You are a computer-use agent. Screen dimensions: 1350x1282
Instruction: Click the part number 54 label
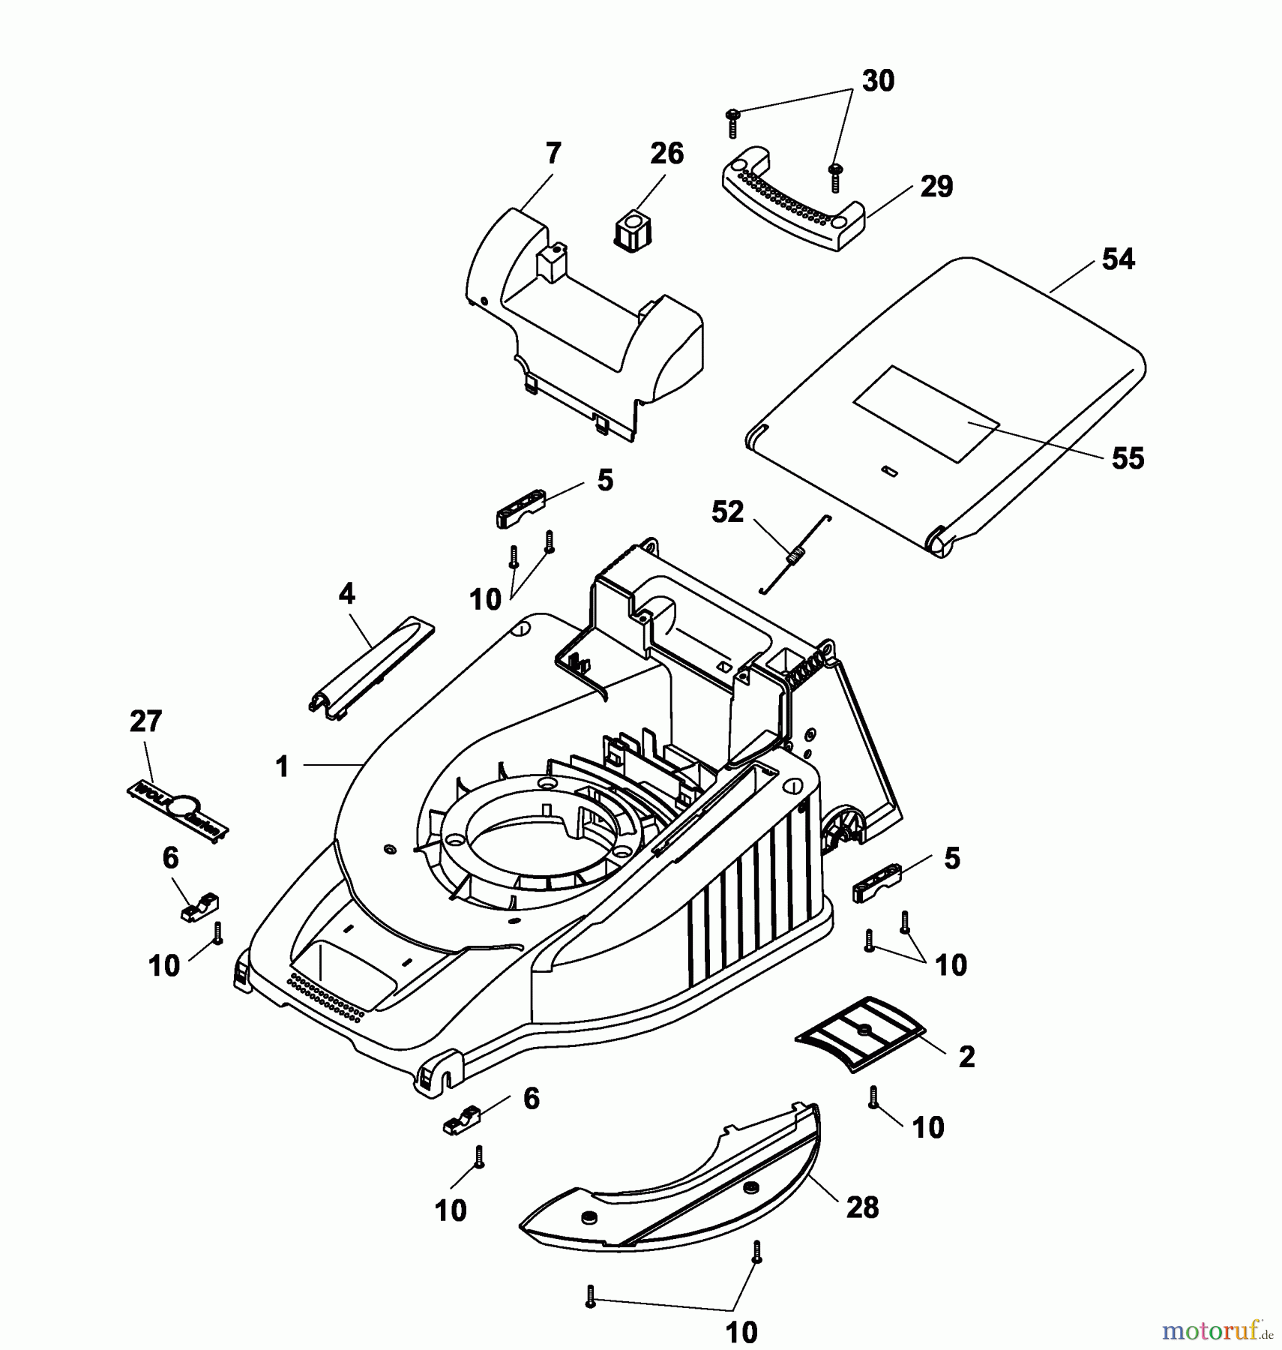(x=1118, y=259)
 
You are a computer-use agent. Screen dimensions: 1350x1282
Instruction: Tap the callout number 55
(x=1128, y=458)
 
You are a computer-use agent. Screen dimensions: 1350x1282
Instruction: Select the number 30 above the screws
(x=878, y=81)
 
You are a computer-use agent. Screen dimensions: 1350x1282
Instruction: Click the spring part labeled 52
(x=795, y=557)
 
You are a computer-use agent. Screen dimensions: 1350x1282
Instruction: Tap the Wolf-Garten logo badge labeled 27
(x=177, y=812)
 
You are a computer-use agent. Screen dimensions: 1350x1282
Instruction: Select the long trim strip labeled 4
(x=373, y=665)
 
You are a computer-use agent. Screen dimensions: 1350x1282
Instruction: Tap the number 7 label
(x=553, y=154)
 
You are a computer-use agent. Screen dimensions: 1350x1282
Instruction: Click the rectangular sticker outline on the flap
(x=927, y=413)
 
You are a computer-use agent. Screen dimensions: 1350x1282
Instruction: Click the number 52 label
(x=726, y=512)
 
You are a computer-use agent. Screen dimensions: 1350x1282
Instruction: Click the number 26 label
(x=666, y=154)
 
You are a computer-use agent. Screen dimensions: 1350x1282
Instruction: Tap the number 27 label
(x=145, y=721)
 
